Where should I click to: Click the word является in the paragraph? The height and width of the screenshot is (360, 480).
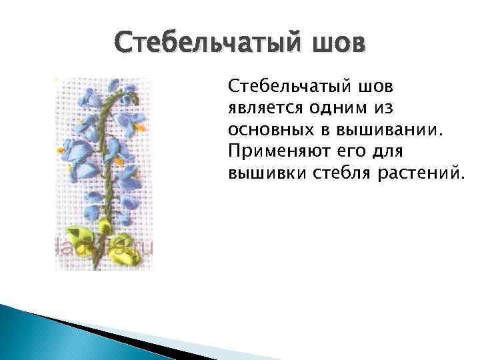pos(261,108)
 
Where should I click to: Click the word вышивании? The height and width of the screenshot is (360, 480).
pos(383,129)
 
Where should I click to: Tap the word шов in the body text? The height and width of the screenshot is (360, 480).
pos(379,86)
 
